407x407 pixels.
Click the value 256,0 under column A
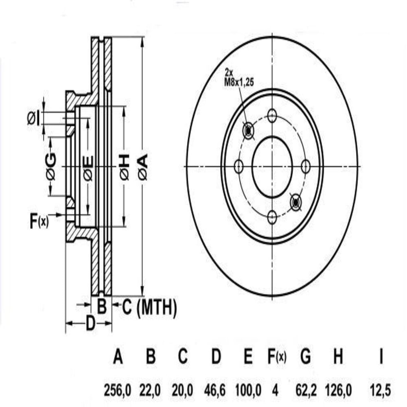pos(118,390)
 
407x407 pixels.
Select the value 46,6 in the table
pos(215,390)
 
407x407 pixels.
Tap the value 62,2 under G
pos(306,390)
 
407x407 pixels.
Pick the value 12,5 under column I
pos(380,390)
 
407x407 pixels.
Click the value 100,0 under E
pos(248,390)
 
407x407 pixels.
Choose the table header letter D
pos(216,356)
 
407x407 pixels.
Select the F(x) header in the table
pos(277,357)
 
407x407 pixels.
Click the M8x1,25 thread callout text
pos(239,83)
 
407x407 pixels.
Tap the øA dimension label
pos(143,166)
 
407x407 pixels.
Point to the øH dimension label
pos(124,166)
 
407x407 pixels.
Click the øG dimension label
pos(50,166)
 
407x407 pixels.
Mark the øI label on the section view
pos(34,118)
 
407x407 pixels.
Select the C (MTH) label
pos(149,307)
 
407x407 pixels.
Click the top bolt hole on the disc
pos(272,115)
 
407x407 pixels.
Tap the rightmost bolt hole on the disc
pos(306,166)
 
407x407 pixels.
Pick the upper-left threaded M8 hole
pos(248,131)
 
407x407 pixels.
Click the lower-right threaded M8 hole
pos(295,202)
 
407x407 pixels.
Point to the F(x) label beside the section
pos(39,221)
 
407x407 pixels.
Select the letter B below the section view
pos(102,306)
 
